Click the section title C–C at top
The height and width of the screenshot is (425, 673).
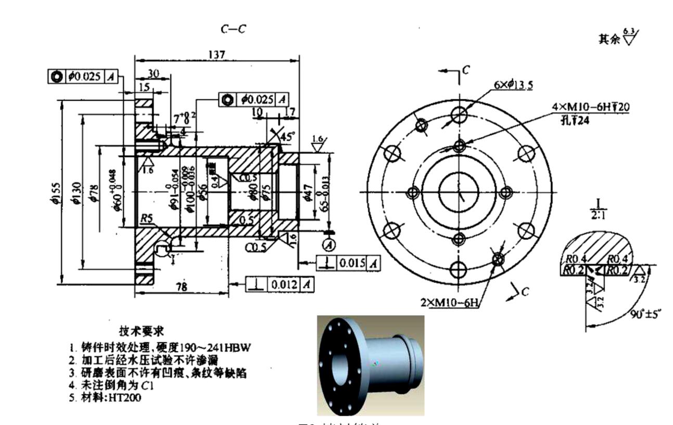point(232,30)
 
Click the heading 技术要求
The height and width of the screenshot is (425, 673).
point(142,331)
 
